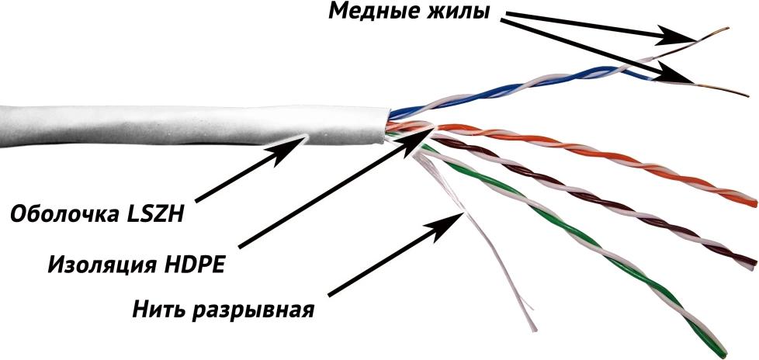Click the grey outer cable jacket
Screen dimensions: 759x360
[x=193, y=126]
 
